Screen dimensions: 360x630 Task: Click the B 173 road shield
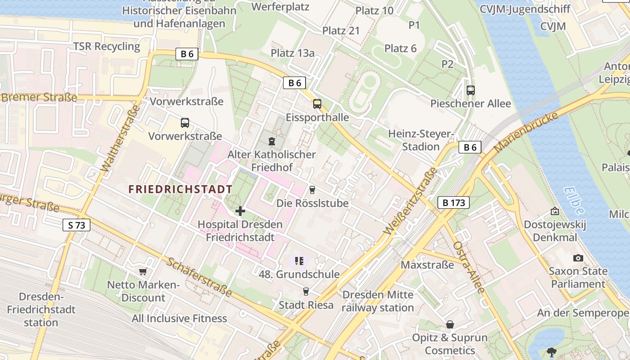point(454,203)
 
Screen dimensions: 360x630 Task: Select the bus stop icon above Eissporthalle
point(317,104)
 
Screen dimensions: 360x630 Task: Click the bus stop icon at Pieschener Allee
point(471,90)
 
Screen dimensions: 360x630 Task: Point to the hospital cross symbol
point(240,211)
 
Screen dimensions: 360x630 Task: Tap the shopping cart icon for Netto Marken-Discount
point(143,271)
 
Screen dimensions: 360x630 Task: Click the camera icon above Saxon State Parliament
point(578,258)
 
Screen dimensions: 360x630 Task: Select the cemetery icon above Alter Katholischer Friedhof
point(271,141)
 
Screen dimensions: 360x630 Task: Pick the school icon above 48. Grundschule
point(299,261)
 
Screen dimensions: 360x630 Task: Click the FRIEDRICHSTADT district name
point(180,189)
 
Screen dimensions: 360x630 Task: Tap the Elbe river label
point(573,201)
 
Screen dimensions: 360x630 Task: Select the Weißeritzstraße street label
point(410,201)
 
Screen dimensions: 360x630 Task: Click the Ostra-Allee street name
point(469,267)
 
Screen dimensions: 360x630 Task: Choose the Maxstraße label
point(427,265)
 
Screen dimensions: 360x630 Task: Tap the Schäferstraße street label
point(199,277)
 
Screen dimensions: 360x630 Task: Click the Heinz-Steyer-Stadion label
point(421,140)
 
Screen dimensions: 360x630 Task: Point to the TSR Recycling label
point(107,46)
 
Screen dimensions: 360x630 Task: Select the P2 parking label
point(447,64)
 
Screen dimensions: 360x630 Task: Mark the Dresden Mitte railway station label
point(378,301)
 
